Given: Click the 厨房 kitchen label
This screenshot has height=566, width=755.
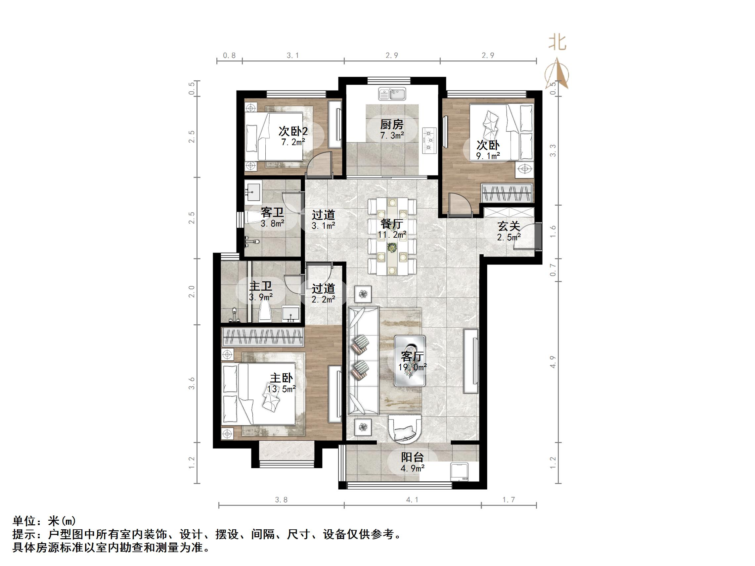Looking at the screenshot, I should [392, 125].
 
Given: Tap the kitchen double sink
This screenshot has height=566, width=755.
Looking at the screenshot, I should [392, 94].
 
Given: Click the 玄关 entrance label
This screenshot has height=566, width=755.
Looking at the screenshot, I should [509, 226].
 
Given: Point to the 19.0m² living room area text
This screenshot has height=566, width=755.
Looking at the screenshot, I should [412, 367].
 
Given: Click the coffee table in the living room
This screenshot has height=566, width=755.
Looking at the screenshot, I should [410, 361].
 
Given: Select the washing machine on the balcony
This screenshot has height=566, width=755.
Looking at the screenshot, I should [460, 471].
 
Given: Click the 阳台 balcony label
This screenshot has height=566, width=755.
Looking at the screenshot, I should [412, 457].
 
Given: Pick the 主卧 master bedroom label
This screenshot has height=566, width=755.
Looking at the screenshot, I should [281, 378].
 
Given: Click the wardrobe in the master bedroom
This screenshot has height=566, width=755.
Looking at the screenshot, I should [262, 337].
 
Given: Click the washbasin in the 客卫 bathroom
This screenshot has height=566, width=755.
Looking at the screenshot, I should [253, 192].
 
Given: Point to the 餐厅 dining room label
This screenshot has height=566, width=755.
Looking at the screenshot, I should [392, 224].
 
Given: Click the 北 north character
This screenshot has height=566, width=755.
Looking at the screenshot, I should [557, 43].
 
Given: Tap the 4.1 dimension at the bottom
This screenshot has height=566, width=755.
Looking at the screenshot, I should [412, 500].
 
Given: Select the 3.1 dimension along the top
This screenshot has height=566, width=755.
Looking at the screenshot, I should [292, 55].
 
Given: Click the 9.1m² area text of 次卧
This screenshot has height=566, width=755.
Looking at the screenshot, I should [488, 156].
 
